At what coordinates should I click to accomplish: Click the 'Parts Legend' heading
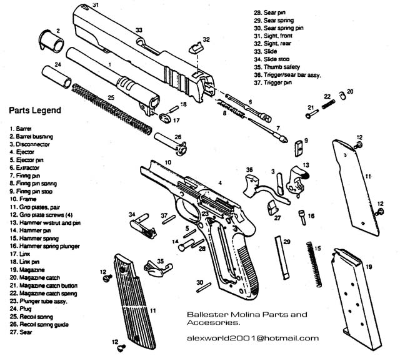click(34, 112)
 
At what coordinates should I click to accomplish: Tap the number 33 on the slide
click(139, 29)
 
